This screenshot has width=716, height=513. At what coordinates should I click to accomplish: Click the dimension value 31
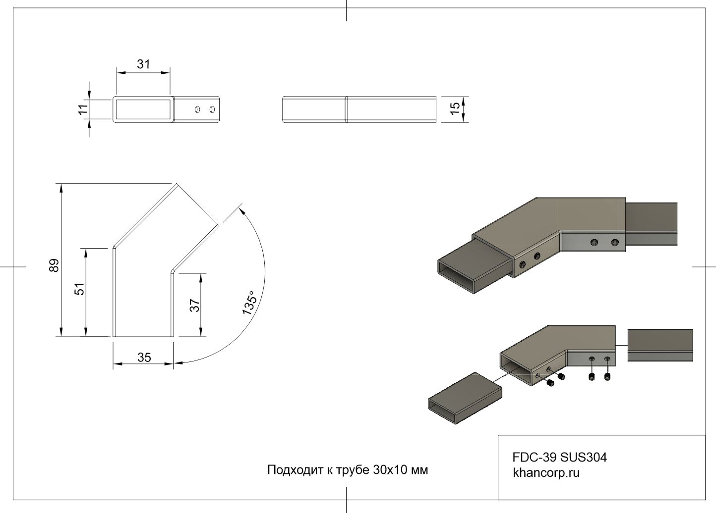point(143,64)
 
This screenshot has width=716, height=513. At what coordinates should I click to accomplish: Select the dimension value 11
point(83,108)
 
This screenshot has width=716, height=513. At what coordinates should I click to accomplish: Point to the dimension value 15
point(455,109)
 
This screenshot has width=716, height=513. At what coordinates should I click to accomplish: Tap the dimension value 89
point(54,265)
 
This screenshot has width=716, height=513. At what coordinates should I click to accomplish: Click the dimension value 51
point(79,289)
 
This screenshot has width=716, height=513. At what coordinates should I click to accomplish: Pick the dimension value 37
point(195,306)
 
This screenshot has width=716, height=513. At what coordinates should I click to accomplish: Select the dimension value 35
point(144,358)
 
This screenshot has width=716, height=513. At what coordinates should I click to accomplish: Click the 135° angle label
point(250,303)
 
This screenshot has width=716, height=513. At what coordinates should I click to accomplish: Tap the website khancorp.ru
point(546,473)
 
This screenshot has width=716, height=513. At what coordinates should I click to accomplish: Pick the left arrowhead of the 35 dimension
point(117,365)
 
